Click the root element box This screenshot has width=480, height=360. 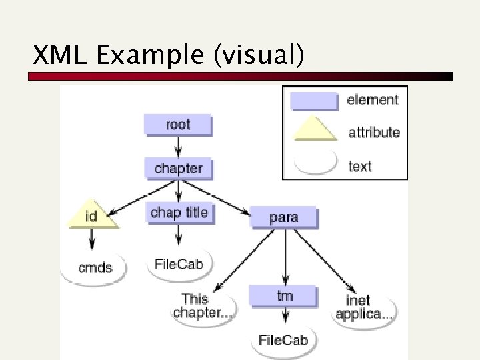coord(177,125)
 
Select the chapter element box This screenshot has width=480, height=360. coord(178,169)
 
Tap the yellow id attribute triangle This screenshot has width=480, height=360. coord(92,215)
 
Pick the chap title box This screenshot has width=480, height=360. coord(179,213)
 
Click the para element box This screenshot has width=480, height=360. coord(284,217)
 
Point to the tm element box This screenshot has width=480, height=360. coord(284,295)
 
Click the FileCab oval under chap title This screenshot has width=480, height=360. coord(178,263)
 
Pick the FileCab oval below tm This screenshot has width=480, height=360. coord(283,340)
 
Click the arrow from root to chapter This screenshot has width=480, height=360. coord(178,146)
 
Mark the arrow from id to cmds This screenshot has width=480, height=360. coord(92,240)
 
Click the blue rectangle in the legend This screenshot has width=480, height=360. coord(313,101)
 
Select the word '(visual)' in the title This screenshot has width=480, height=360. coord(259,56)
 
